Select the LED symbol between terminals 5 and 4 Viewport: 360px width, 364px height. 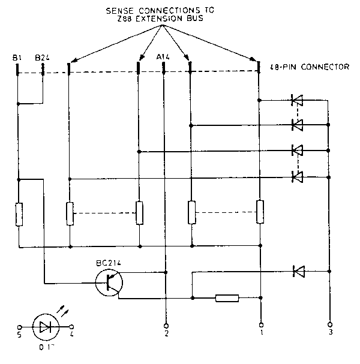tap(46, 327)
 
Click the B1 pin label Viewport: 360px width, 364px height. tap(17, 58)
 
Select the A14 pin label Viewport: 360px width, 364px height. tap(164, 58)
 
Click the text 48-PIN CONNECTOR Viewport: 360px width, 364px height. tap(310, 67)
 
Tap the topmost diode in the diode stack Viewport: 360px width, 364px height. tap(296, 100)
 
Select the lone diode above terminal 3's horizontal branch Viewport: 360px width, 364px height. tap(298, 272)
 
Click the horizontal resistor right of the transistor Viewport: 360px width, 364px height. tap(227, 297)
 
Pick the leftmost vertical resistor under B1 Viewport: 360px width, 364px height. tap(19, 214)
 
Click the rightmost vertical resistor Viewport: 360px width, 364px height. tap(260, 212)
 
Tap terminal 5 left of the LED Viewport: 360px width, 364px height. tap(20, 327)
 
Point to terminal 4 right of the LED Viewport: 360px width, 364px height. tap(72, 327)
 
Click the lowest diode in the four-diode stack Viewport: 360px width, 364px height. tap(296, 176)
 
